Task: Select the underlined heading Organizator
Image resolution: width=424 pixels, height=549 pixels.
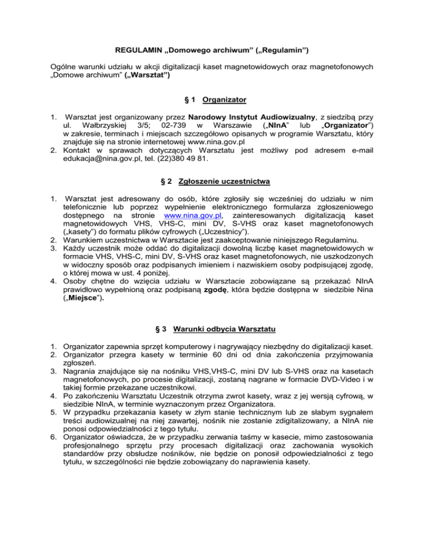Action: pos(224,100)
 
